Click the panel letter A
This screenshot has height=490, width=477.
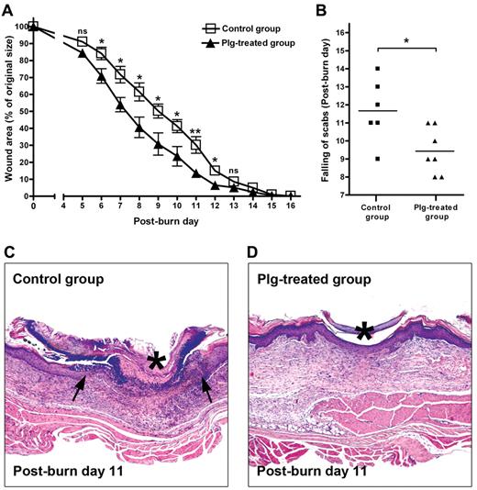point(8,10)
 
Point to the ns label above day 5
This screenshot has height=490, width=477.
point(83,30)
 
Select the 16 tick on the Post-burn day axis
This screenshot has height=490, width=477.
point(291,208)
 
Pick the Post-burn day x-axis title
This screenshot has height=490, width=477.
point(162,223)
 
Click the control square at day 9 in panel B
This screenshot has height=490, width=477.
point(377,159)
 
